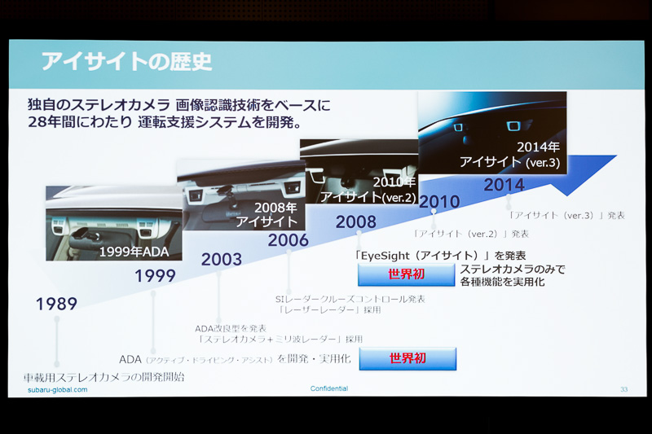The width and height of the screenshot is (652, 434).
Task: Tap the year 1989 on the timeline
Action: (56, 305)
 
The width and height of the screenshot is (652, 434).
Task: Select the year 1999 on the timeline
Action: (155, 276)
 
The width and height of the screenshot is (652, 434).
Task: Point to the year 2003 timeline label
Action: (222, 260)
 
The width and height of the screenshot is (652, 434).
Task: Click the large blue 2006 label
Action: (289, 240)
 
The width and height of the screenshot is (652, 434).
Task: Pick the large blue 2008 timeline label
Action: (355, 222)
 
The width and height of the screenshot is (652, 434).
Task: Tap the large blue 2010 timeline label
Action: (439, 201)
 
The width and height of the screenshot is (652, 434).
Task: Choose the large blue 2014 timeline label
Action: (504, 185)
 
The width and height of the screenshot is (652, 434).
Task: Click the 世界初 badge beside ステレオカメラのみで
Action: (406, 274)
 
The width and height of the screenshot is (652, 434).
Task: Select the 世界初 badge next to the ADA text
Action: (407, 358)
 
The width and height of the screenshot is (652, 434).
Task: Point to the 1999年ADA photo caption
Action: (134, 252)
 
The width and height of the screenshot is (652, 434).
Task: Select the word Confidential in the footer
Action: (329, 388)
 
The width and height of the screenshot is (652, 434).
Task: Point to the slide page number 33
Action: (623, 389)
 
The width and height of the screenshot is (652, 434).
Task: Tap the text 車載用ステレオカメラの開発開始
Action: (104, 377)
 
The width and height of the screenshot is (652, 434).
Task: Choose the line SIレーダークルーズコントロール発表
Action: (350, 299)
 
